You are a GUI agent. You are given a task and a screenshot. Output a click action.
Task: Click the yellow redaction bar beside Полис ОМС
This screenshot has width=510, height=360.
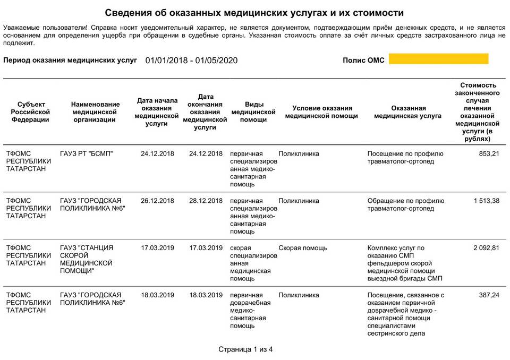438,59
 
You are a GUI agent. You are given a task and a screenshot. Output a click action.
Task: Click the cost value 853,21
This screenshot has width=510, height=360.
487,154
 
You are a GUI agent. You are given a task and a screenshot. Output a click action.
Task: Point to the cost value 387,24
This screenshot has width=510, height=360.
489,295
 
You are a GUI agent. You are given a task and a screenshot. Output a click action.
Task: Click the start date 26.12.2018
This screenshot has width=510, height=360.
157,201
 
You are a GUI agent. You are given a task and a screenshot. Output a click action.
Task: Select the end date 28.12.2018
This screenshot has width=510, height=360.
206,201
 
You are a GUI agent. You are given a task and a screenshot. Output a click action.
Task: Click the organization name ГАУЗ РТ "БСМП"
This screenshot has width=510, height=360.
87,154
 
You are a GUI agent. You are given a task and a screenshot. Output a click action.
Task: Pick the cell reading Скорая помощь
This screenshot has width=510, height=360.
303,248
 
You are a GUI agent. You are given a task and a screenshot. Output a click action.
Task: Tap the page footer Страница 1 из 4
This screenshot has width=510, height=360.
245,349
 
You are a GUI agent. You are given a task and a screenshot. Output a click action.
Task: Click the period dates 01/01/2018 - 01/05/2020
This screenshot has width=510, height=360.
191,60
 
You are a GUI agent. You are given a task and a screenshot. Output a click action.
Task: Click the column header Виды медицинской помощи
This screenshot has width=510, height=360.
253,112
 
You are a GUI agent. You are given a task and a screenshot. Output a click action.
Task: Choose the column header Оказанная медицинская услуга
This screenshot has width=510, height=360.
407,112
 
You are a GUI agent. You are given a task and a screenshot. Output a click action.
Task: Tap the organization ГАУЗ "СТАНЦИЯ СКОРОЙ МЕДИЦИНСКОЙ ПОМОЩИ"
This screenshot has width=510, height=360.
87,259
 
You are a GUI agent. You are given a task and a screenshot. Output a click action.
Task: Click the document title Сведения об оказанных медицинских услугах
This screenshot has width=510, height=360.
254,13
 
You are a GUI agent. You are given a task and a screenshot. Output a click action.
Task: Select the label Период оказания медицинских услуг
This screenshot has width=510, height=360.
70,60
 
